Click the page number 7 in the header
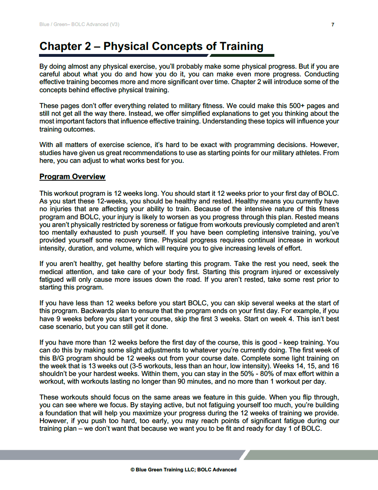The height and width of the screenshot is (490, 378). click(x=333, y=25)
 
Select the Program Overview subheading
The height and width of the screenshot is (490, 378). click(x=72, y=177)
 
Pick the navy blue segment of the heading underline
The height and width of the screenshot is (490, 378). click(x=122, y=55)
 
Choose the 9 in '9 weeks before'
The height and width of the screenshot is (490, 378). click(x=57, y=319)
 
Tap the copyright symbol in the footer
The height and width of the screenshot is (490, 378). click(x=133, y=470)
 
